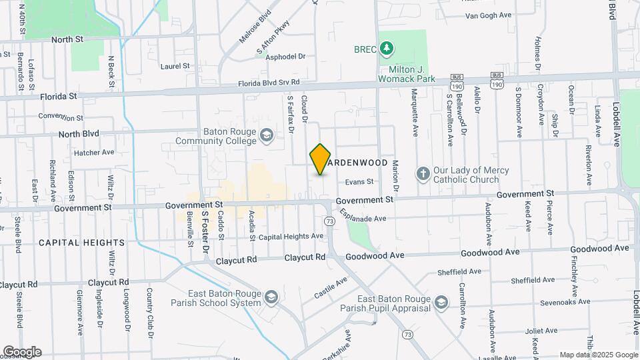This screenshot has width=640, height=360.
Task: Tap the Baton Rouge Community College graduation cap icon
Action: pyautogui.click(x=267, y=136)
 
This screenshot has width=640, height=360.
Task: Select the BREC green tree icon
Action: pyautogui.click(x=387, y=48)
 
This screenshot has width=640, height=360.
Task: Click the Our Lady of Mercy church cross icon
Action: pyautogui.click(x=423, y=175)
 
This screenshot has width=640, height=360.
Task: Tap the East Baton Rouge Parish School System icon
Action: pyautogui.click(x=271, y=297)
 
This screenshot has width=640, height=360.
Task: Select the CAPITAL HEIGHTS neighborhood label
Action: pyautogui.click(x=81, y=243)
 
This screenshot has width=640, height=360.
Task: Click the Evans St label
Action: pyautogui.click(x=359, y=181)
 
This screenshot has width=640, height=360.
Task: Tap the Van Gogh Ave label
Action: pyautogui.click(x=487, y=15)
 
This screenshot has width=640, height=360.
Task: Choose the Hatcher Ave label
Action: pyautogui.click(x=95, y=152)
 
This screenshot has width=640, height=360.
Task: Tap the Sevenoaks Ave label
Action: pyautogui.click(x=564, y=302)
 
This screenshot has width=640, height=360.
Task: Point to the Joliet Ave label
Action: pyautogui.click(x=540, y=331)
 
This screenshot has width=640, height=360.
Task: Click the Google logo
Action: pyautogui.click(x=22, y=352)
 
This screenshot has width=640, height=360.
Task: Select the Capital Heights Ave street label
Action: pyautogui.click(x=291, y=237)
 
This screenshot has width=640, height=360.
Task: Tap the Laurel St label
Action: pyautogui.click(x=175, y=66)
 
